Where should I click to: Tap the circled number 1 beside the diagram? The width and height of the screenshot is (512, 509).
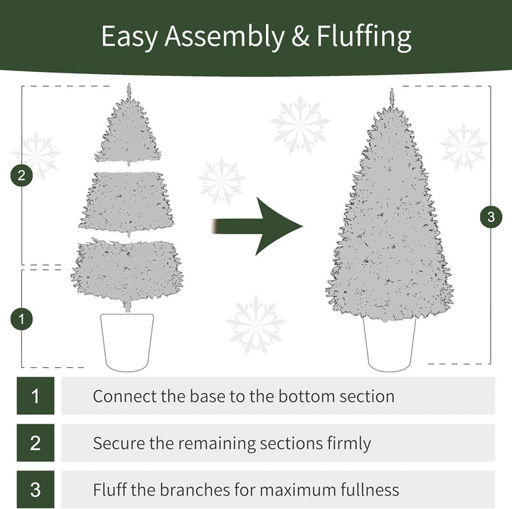pyautogui.click(x=22, y=319)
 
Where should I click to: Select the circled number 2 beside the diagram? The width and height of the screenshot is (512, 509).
pyautogui.click(x=22, y=176)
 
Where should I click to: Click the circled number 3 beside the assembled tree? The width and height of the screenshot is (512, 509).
pyautogui.click(x=490, y=216)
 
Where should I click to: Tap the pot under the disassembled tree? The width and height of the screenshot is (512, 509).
pyautogui.click(x=127, y=341)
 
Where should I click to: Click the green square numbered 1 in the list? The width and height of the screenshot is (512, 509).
pyautogui.click(x=36, y=396)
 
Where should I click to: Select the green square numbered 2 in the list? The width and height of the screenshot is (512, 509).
pyautogui.click(x=36, y=443)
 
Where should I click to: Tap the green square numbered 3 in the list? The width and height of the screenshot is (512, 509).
pyautogui.click(x=36, y=490)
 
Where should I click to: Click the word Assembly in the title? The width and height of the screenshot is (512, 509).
pyautogui.click(x=224, y=37)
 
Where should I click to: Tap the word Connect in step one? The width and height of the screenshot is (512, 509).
pyautogui.click(x=122, y=396)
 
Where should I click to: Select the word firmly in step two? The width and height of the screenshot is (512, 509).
pyautogui.click(x=346, y=444)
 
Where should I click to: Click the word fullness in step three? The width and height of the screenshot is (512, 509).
pyautogui.click(x=367, y=490)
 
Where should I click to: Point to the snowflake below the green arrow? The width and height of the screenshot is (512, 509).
pyautogui.click(x=256, y=325)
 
